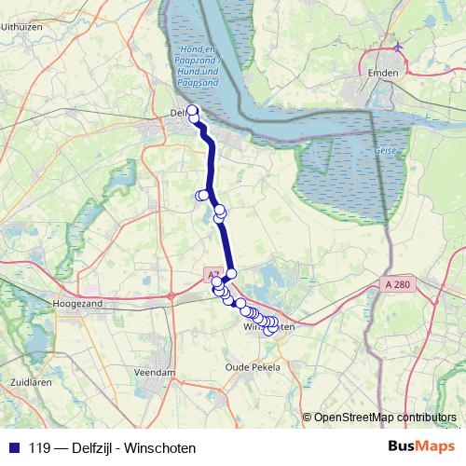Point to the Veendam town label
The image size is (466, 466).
[155, 372]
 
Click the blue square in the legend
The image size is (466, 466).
[13, 447]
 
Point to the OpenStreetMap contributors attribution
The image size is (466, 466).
[384, 417]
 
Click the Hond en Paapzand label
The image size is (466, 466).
[198, 67]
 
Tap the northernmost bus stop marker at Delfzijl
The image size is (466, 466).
[193, 111]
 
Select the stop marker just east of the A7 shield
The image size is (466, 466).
[232, 273]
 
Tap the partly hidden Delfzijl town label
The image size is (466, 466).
[179, 114]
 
